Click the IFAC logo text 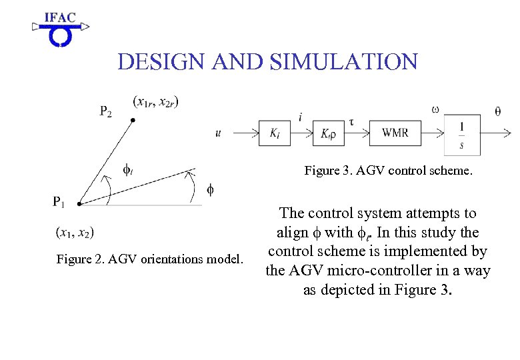60,17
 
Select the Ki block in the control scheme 275,133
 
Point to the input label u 219,133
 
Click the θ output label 498,111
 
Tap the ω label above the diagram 435,109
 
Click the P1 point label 59,201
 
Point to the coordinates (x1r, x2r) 156,101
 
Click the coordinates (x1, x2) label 75,232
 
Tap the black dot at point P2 133,120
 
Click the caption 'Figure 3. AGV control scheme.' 388,171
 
